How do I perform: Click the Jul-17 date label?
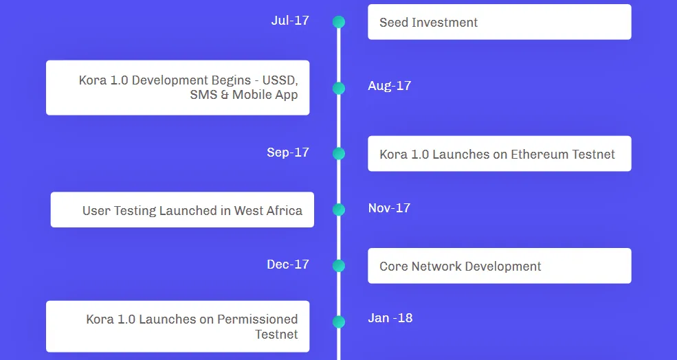coord(290,21)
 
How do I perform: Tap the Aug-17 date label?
coord(390,85)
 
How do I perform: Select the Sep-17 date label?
coord(288,153)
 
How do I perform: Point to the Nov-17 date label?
coord(390,208)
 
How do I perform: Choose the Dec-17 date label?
coord(288,265)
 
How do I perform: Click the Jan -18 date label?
coord(390,318)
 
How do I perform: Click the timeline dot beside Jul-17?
coord(339,22)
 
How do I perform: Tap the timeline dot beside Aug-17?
coord(339,88)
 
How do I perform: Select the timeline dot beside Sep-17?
coord(339,154)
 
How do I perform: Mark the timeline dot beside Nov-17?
coord(339,210)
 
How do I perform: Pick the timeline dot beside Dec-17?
coord(339,266)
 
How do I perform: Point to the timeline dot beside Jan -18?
coord(339,322)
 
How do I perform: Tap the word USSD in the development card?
coord(280,80)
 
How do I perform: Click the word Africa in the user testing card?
coord(284,210)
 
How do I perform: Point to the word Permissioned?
coord(257,319)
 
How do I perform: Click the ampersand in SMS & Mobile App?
coord(224,95)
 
